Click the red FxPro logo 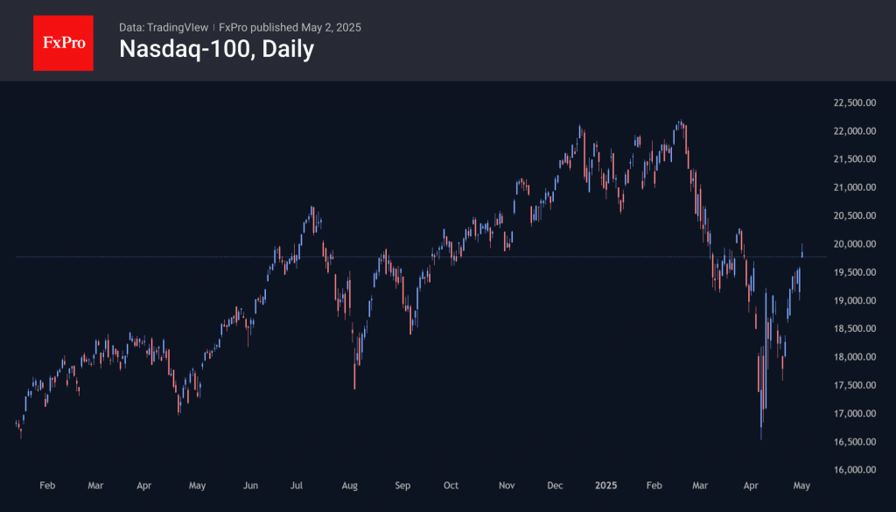(x=63, y=41)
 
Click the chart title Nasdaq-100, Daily (x=216, y=50)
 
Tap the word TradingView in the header (x=179, y=27)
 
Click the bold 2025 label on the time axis (x=606, y=484)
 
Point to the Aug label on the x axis (x=350, y=484)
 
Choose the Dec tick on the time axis (x=555, y=484)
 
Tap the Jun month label (x=250, y=484)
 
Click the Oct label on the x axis (x=451, y=484)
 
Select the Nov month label (x=507, y=484)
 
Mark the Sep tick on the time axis (x=402, y=484)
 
